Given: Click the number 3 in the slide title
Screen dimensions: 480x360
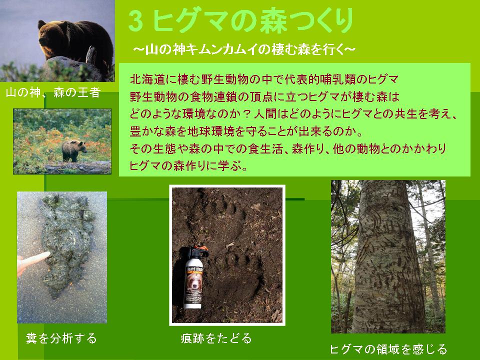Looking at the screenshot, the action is tap(135, 21).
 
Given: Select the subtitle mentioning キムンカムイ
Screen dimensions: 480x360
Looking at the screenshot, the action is tap(244, 49).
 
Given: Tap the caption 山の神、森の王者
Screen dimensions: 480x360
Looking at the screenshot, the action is tap(52, 92).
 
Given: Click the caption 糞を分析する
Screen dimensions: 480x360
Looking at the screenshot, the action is tap(61, 338).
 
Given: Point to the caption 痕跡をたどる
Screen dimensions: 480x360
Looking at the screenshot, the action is tap(216, 338).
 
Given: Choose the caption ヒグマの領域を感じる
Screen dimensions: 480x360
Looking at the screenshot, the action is tap(388, 349).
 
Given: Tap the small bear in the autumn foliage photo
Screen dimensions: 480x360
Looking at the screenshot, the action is tap(73, 150).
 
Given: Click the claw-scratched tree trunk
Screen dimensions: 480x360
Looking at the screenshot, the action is tap(387, 256).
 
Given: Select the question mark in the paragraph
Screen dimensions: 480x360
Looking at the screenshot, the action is tap(246, 114).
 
